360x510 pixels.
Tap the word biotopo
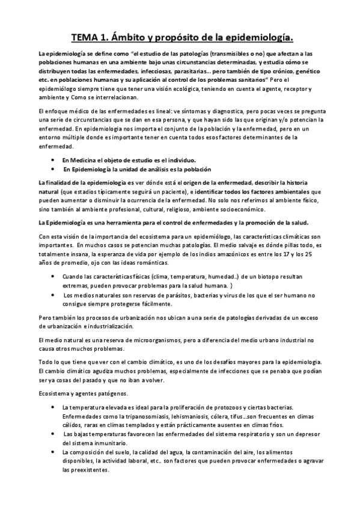click(270, 277)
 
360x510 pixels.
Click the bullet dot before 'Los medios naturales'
click(55, 295)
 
